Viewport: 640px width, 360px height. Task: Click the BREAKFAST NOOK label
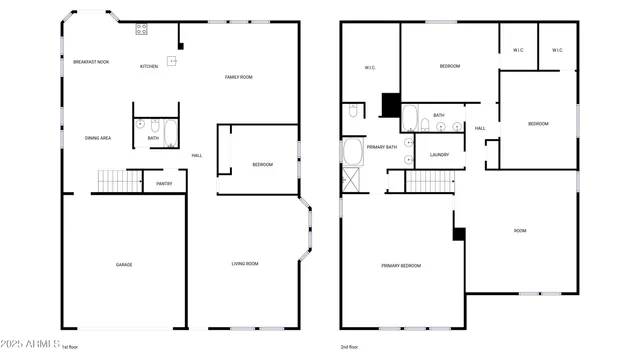point(91,62)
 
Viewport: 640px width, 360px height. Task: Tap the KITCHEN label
point(149,67)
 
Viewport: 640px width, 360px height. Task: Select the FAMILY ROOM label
point(238,77)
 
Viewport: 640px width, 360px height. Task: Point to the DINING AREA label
point(98,138)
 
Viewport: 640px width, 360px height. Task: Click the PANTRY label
point(164,184)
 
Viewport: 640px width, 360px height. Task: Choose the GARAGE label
point(124,265)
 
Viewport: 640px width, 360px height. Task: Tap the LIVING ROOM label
point(245,264)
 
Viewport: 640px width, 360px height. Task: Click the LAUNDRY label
point(439,155)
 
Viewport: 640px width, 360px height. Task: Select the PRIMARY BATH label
point(382,147)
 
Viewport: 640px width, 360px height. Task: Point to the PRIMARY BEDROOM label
point(401,266)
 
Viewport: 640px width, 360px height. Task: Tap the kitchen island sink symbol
point(172,61)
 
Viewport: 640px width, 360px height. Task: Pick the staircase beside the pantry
point(119,181)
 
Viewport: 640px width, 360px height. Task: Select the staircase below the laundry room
point(430,182)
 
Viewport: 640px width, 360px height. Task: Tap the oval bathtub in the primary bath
point(352,152)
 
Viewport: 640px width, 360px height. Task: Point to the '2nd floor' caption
point(350,347)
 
